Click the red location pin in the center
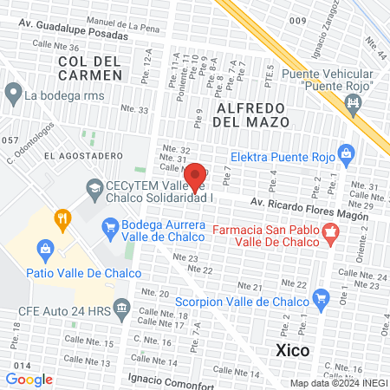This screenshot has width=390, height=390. [196, 176]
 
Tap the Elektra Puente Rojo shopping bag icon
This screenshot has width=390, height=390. [347, 155]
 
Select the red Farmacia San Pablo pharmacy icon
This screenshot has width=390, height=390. [329, 232]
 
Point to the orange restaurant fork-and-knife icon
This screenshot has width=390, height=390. [61, 218]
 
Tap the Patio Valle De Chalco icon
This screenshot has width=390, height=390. [45, 250]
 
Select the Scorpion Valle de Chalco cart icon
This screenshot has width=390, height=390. [322, 301]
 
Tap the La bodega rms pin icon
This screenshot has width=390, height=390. [12, 91]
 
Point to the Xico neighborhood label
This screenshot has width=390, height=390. [295, 350]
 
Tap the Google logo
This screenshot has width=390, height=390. [29, 379]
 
